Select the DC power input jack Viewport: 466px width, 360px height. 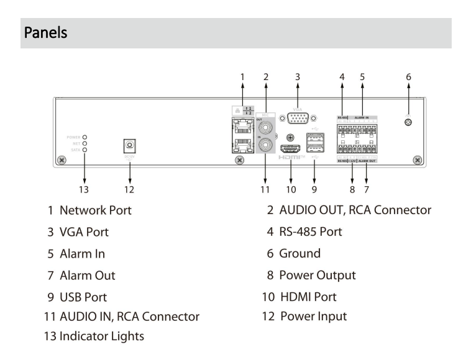coord(129,146)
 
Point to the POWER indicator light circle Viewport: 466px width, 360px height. coord(85,135)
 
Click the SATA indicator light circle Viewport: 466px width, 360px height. coord(85,150)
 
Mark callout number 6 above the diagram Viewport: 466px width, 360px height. coord(409,77)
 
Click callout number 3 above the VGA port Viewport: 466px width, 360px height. coord(298,77)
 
